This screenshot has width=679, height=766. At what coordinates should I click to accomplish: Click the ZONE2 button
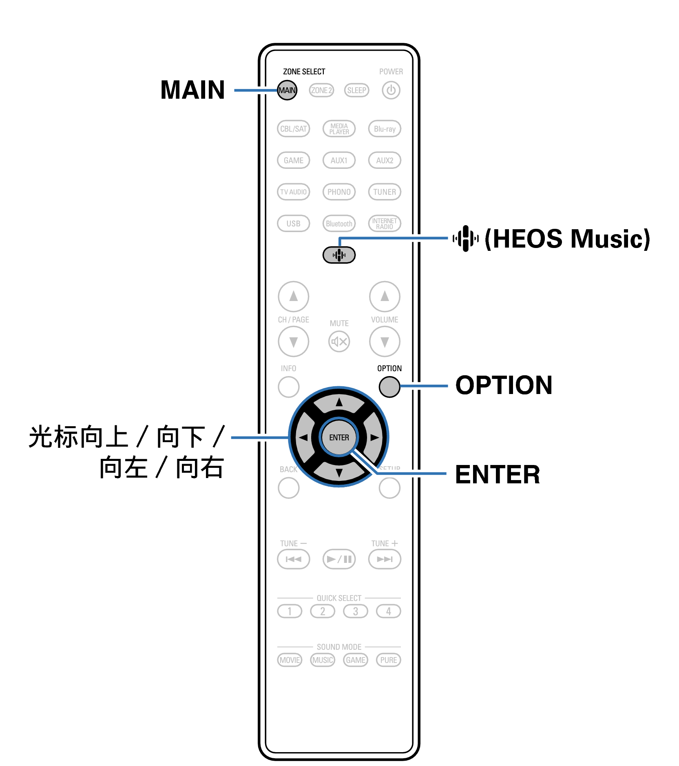click(321, 90)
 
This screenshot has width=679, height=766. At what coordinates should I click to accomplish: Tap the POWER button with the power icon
click(391, 90)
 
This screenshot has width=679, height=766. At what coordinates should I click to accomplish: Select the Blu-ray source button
click(384, 129)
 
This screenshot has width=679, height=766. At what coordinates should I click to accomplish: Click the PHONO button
click(339, 192)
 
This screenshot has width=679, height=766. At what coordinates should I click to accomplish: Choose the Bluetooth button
click(339, 224)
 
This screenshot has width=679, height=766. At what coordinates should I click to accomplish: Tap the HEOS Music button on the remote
click(339, 255)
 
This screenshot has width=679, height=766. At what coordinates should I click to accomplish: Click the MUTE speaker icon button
click(339, 341)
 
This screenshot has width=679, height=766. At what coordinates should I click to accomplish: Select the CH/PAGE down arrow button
click(293, 341)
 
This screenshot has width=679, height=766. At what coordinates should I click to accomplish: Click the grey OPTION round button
click(389, 387)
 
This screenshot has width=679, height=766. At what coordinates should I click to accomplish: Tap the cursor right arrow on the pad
click(374, 438)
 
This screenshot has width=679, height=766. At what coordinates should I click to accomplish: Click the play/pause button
click(339, 559)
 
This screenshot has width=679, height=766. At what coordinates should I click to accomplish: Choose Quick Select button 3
click(355, 611)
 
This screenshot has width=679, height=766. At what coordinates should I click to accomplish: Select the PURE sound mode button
click(388, 660)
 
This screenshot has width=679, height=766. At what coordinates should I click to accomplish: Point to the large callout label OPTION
click(504, 385)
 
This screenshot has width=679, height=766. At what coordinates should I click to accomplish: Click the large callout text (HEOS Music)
click(567, 239)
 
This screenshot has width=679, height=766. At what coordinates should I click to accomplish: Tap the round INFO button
click(288, 387)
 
